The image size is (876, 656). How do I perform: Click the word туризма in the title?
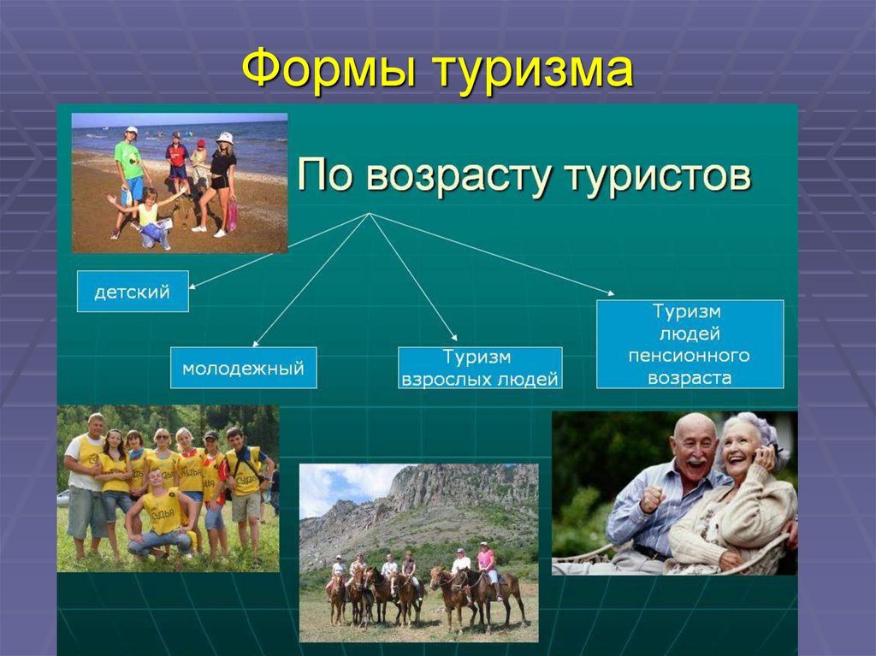click(532, 72)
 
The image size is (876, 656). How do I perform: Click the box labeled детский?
click(132, 292)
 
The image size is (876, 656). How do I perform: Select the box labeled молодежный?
click(243, 368)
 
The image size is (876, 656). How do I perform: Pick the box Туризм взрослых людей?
click(480, 368)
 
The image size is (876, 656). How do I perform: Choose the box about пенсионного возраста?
click(690, 344)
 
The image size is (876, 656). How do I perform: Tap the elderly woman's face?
click(741, 445)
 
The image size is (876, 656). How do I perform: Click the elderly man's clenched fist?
click(652, 498)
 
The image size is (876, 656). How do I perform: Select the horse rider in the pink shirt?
click(486, 560)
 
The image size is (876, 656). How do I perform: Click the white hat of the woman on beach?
click(225, 137)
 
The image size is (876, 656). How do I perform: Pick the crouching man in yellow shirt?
click(160, 517)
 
